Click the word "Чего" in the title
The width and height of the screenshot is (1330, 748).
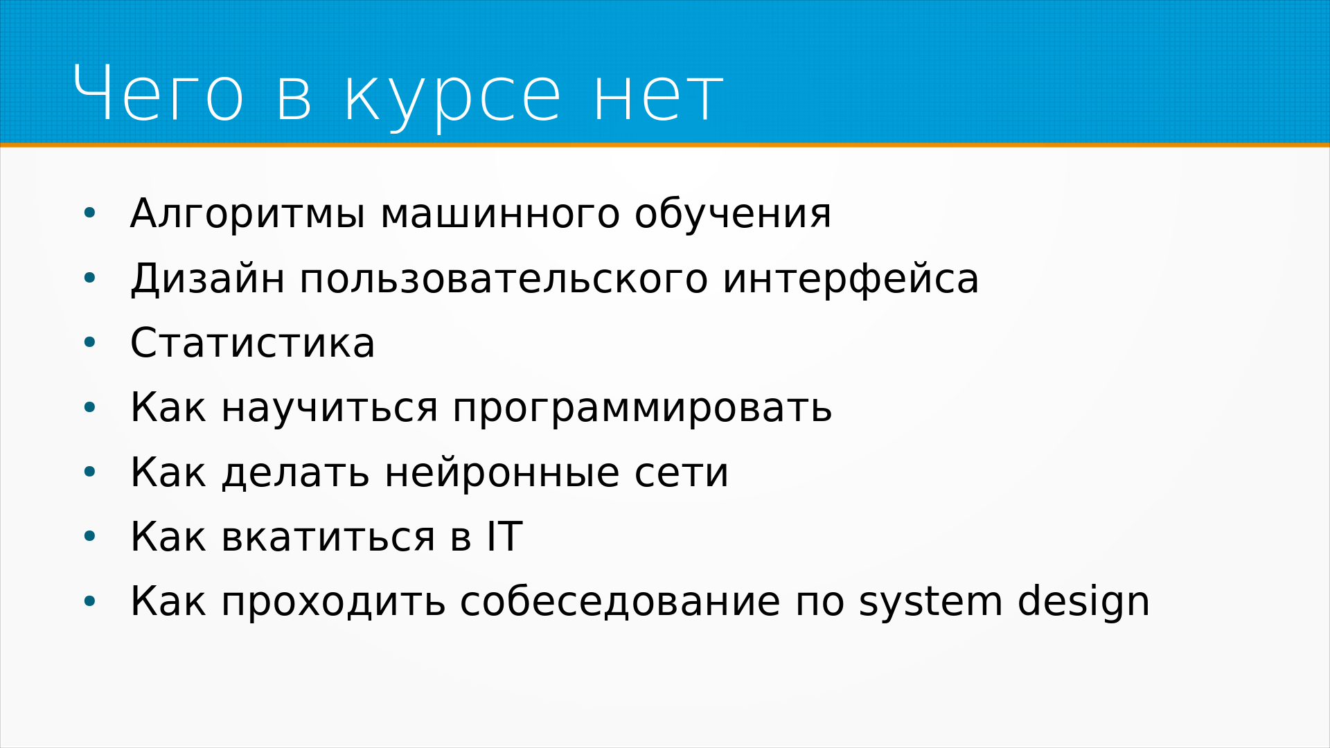[158, 93]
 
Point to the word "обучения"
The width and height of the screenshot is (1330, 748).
[733, 213]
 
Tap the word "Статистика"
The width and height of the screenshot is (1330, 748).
[253, 343]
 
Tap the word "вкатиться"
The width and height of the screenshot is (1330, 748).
[328, 537]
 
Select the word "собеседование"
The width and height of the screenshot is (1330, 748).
[620, 600]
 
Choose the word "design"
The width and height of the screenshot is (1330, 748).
[1083, 601]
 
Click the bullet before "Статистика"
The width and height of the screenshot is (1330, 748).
[89, 343]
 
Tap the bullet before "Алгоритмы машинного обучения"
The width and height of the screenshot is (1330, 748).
[89, 214]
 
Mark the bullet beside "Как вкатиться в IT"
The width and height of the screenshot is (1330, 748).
[89, 537]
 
